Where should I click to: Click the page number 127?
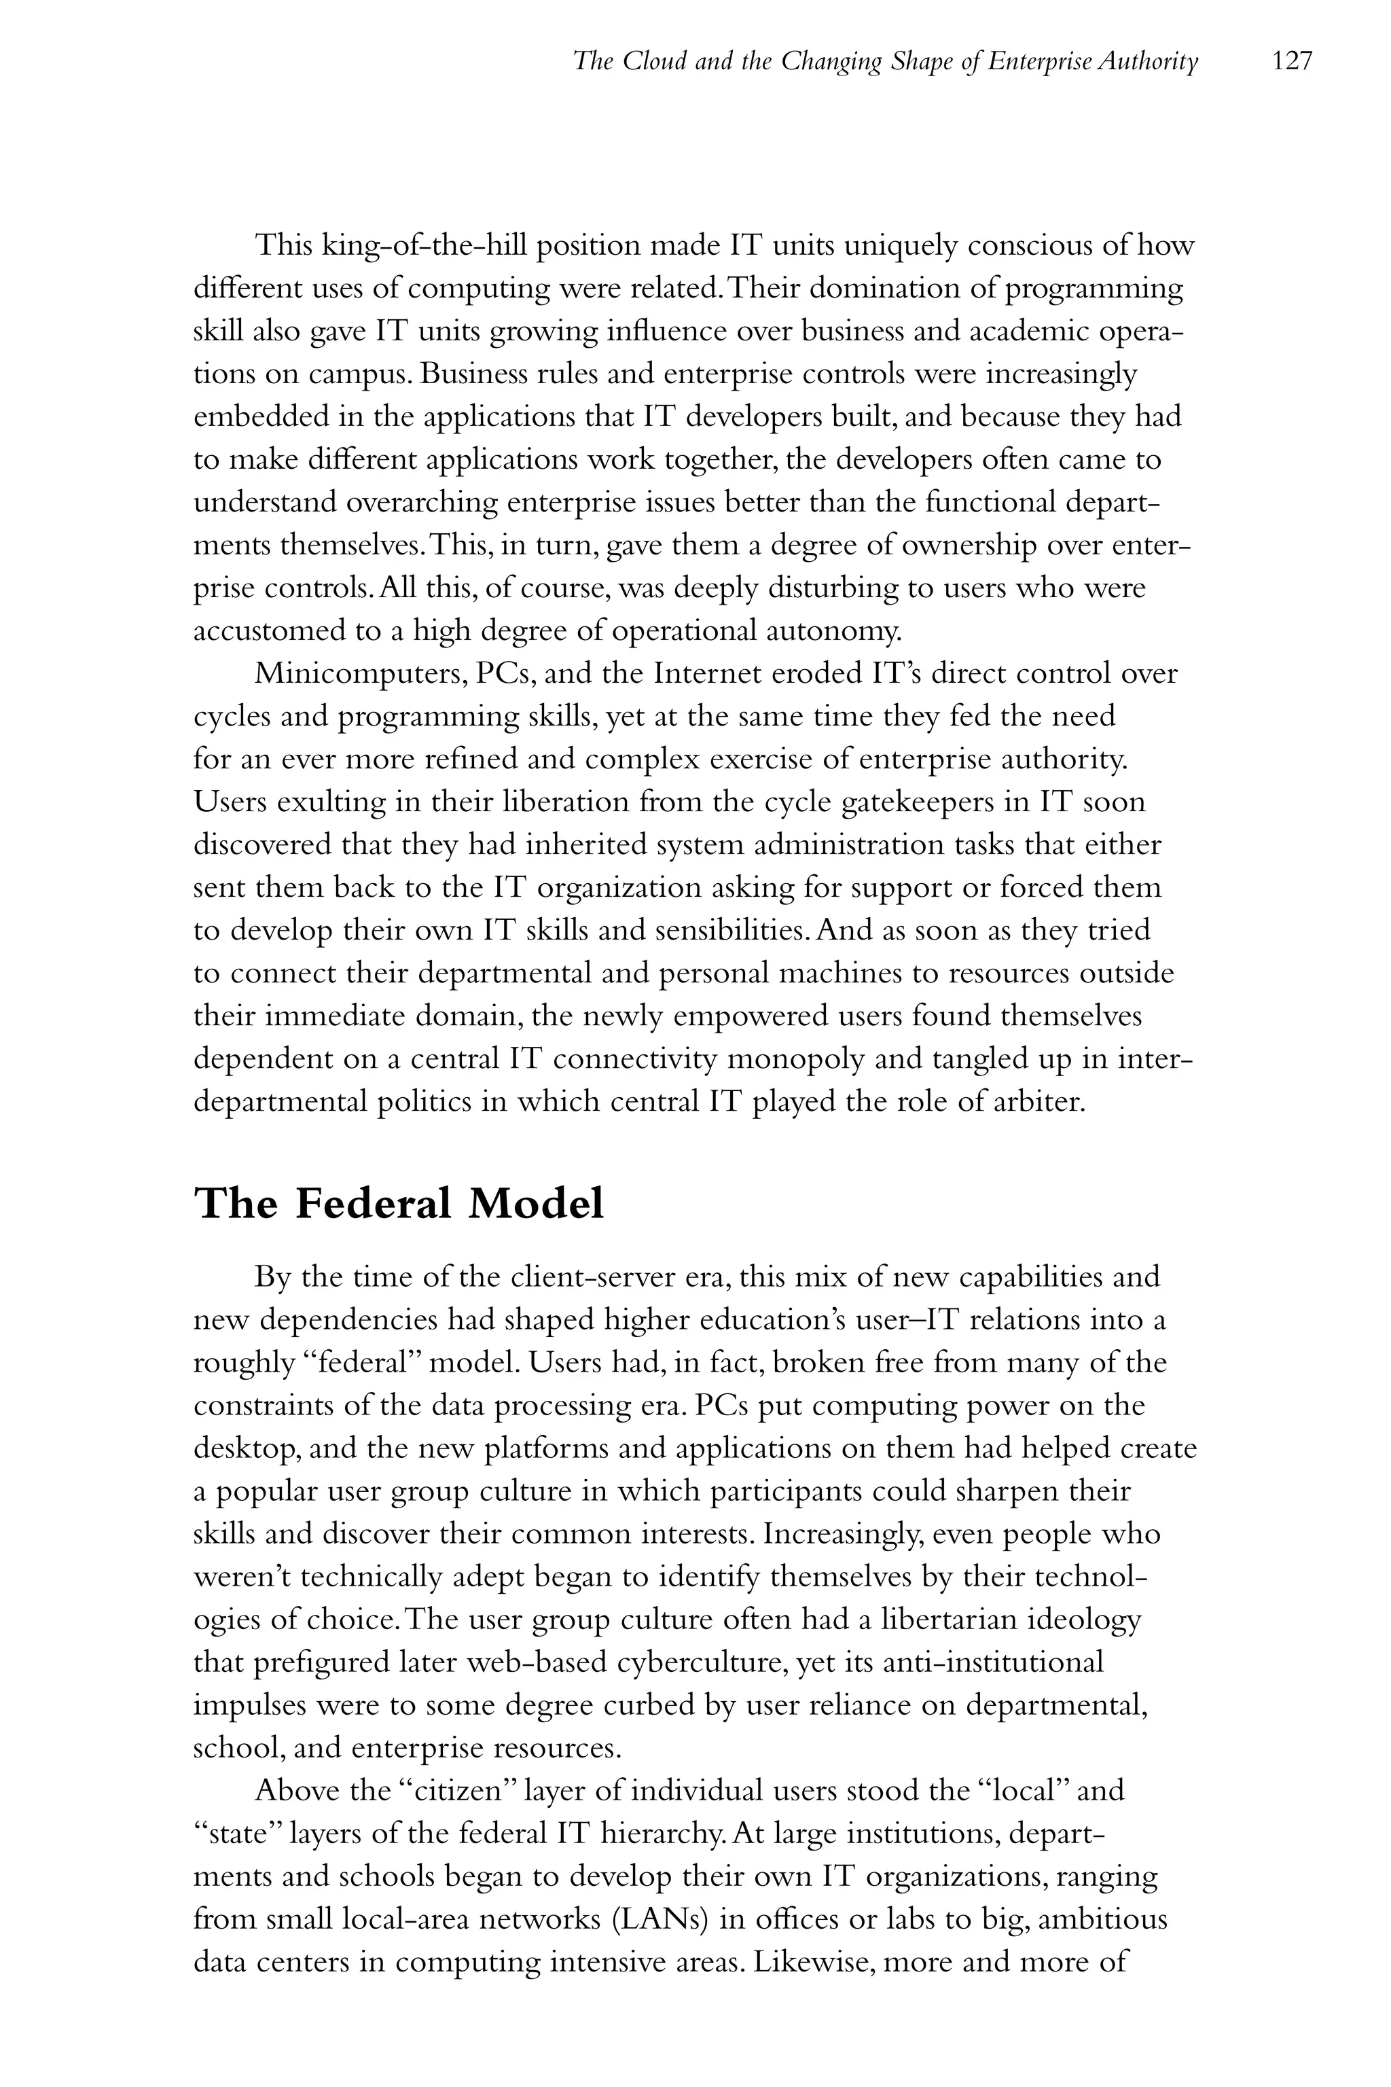(x=1290, y=61)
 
